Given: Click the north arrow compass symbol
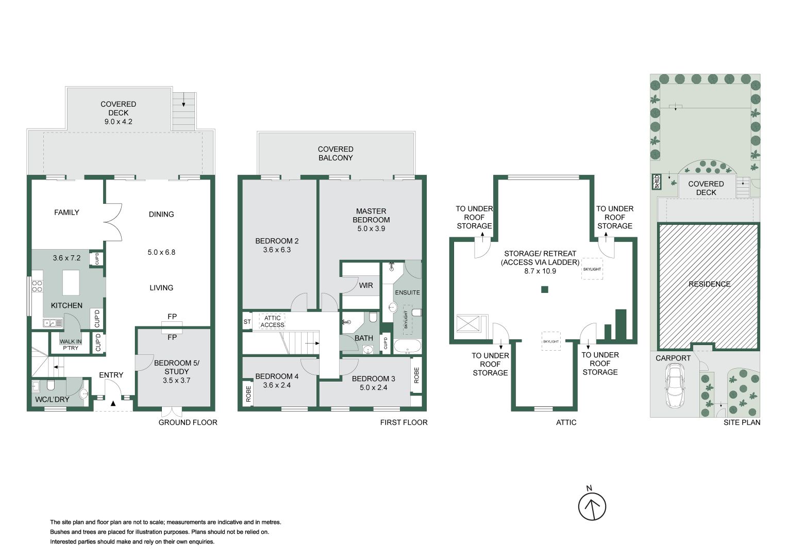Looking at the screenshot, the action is pos(592,506).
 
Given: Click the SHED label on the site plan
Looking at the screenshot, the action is pos(657,182).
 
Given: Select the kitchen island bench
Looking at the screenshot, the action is pos(71,282).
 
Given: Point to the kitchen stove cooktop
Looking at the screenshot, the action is pos(37,286).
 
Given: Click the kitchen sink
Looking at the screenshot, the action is pos(53,323).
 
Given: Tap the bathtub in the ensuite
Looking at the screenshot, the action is pos(407,346).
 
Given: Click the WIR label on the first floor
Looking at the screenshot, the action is pos(366,285).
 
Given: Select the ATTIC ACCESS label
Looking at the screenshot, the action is pos(272,321).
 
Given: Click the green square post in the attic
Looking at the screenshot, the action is pos(544,289).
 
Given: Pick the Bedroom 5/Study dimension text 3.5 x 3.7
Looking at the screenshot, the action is pos(176,380).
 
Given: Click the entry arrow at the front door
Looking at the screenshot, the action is pos(113,402).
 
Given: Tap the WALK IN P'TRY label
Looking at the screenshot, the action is pos(71,345).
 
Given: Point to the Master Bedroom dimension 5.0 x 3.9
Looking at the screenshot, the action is pos(371,228).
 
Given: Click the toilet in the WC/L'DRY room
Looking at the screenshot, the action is pos(51,386).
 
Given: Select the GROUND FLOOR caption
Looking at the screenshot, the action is pos(188,422).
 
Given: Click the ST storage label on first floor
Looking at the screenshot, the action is pos(247,322).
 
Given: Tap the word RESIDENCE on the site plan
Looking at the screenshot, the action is pos(709,284).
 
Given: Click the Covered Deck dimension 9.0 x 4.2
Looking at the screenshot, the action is pos(118,122).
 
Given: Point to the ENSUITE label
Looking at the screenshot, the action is pos(407,292).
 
